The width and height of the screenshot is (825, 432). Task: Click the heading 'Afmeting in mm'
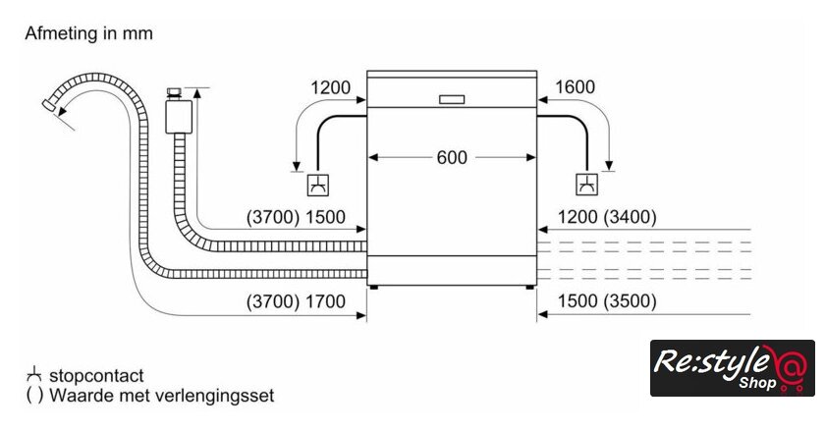(x=88, y=33)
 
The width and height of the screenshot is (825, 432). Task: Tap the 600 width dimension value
(x=452, y=157)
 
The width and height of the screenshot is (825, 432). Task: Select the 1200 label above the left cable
(x=330, y=87)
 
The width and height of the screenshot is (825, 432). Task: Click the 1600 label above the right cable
(x=575, y=87)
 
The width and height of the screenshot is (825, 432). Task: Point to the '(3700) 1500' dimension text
(x=296, y=217)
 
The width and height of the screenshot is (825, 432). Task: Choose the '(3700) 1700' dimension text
(x=296, y=301)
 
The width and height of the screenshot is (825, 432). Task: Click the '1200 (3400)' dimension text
(x=606, y=217)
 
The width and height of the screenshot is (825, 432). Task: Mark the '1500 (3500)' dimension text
(x=606, y=301)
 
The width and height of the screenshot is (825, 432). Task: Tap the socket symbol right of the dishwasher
(x=586, y=184)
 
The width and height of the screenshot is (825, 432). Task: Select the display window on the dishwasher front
(x=452, y=98)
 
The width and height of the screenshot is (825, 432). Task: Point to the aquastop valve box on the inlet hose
(x=177, y=115)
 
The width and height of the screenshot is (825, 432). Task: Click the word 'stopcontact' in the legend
(x=96, y=375)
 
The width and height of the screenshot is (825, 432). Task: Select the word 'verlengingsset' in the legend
(x=220, y=396)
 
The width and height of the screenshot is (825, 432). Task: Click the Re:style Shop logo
(x=732, y=368)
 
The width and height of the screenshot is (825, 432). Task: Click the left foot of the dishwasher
(x=375, y=287)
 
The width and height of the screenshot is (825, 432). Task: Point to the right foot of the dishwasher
(x=529, y=287)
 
